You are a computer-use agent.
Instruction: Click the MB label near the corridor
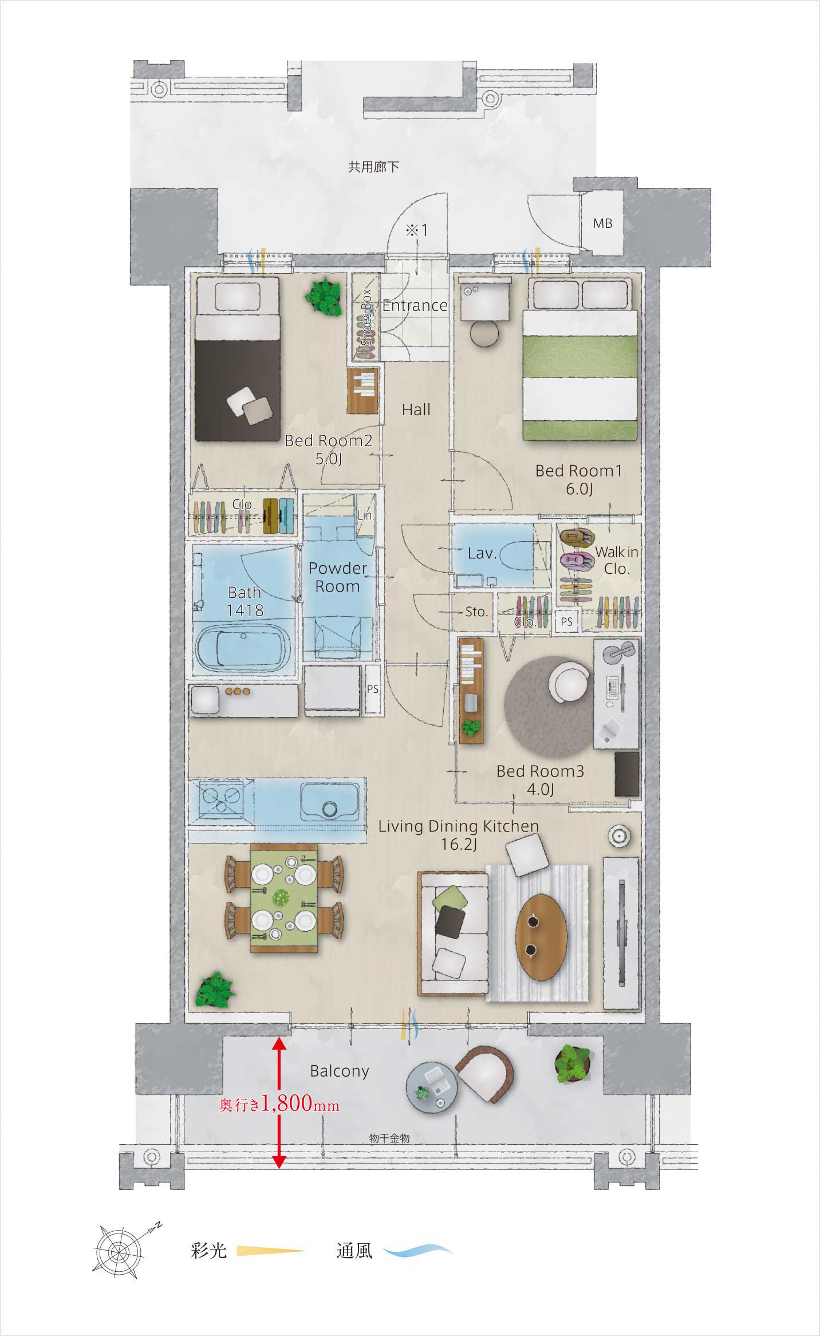coord(602,223)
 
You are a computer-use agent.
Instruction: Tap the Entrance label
coord(415,306)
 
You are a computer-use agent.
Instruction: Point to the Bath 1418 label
coord(245,601)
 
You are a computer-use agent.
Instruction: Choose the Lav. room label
coord(482,553)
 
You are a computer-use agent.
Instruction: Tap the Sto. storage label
coord(476,612)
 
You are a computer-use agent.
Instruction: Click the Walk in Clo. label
coord(617,561)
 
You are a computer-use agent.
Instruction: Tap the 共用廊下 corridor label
coord(374,167)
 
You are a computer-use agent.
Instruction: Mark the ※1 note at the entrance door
coord(417,230)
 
